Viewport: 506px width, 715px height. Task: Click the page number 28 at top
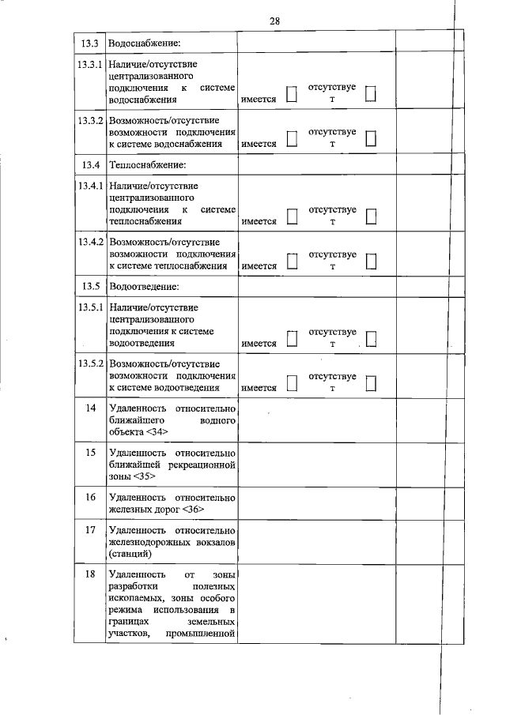coord(274,21)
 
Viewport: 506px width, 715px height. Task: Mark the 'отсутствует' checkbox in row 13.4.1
coord(371,216)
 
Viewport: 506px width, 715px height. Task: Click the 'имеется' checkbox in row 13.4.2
coord(292,262)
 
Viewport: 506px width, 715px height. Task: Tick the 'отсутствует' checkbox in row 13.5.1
coord(371,339)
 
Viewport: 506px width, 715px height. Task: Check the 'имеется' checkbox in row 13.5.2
coord(292,383)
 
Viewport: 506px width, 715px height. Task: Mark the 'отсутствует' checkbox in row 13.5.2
coord(371,383)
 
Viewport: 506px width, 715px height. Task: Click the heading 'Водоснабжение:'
coord(145,42)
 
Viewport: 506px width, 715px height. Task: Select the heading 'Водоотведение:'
coord(144,285)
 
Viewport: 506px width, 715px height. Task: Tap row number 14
coord(90,408)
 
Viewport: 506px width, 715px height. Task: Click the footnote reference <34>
coord(157,433)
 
